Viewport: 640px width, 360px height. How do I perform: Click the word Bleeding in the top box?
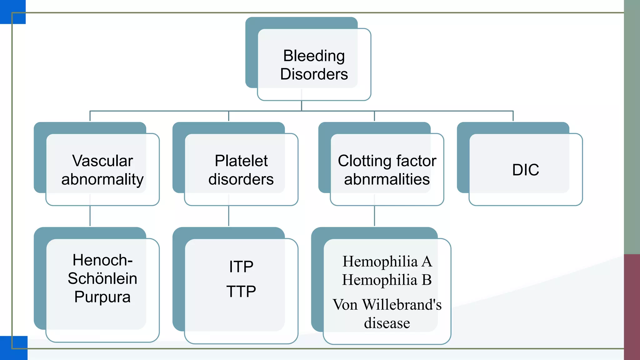pos(314,56)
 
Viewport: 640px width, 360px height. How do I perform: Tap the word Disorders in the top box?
pos(314,74)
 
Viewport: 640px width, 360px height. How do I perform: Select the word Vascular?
pos(102,161)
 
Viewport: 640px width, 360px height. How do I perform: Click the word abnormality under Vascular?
pos(102,179)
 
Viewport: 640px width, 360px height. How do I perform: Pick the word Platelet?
pos(241,161)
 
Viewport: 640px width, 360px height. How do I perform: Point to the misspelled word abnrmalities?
pos(387,179)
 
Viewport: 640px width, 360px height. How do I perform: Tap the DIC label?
pos(526,170)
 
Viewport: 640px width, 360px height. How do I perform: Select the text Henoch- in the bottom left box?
pos(102,260)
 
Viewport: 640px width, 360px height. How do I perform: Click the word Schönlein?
pos(102,278)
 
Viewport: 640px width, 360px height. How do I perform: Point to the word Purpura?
pos(102,297)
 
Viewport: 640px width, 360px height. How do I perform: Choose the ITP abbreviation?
pos(241,267)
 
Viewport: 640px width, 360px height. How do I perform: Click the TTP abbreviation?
pos(241,292)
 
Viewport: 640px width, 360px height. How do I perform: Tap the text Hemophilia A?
pos(387,261)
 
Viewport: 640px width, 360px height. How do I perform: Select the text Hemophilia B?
pos(387,280)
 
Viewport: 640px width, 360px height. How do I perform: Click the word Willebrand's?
pos(402,305)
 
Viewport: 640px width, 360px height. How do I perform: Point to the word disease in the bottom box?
pos(387,323)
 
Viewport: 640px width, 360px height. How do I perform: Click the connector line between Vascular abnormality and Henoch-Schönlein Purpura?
pos(90,216)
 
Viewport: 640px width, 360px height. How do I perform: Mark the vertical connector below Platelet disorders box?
pos(228,216)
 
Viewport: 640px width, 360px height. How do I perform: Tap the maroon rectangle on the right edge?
pos(632,306)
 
